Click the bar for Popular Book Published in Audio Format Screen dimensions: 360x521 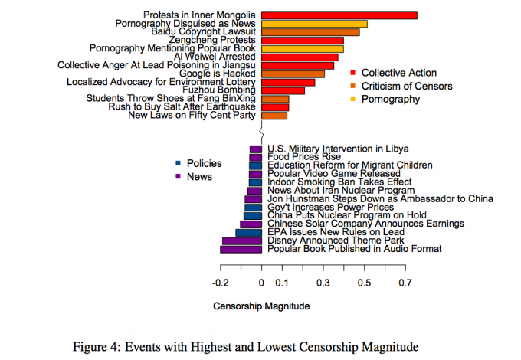coord(241,249)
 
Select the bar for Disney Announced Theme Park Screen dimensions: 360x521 coord(242,241)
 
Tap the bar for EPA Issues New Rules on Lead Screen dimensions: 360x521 coord(248,232)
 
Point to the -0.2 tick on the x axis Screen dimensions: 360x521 coord(221,283)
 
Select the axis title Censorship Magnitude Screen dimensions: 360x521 coord(261,306)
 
